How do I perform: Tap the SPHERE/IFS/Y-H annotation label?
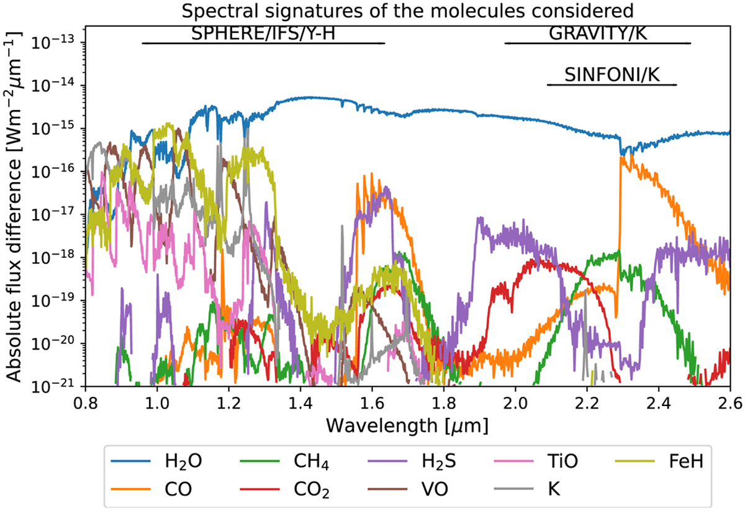click(263, 33)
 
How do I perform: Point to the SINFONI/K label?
click(612, 75)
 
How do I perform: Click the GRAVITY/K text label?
click(598, 33)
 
